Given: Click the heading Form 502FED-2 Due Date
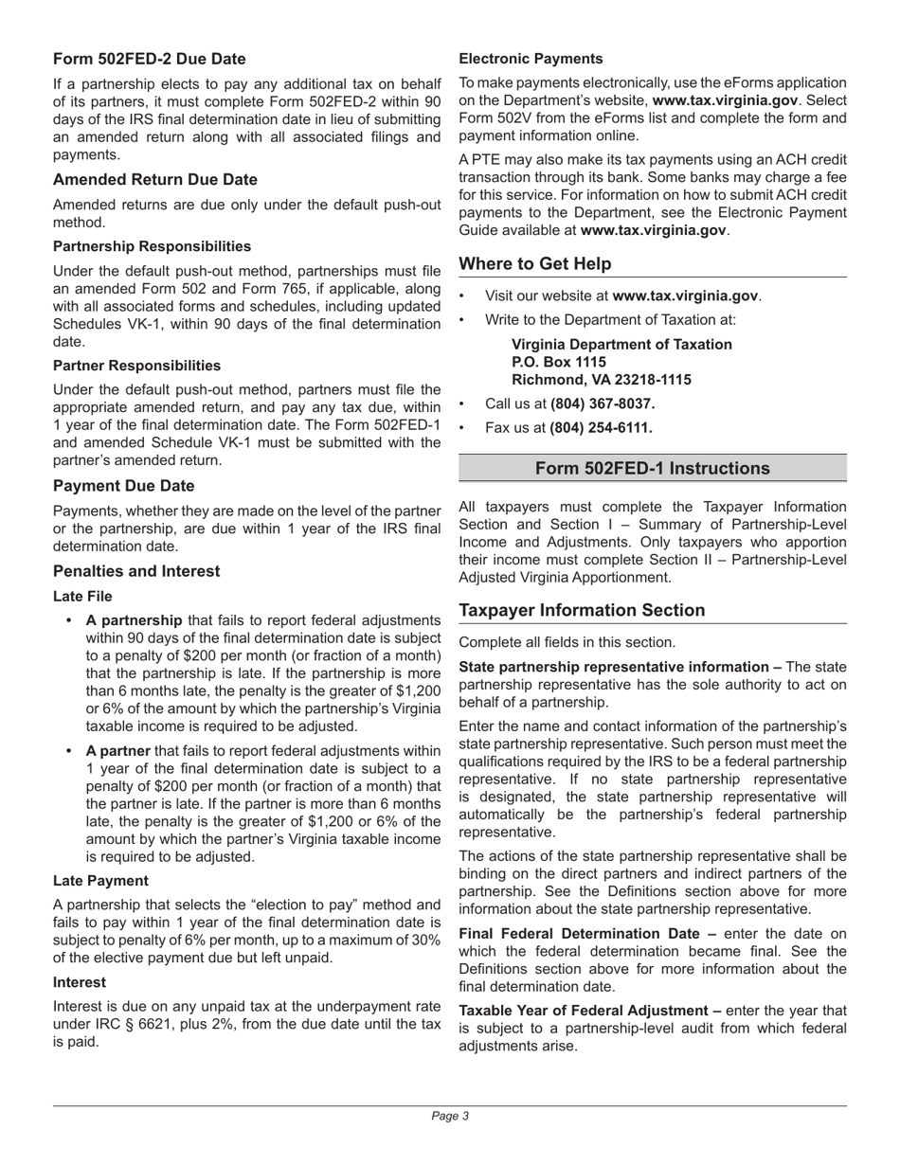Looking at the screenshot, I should click(149, 59).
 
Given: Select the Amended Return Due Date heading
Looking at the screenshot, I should click(154, 179).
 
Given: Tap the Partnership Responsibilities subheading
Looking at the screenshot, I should click(152, 246).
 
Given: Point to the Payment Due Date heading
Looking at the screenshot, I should click(123, 486).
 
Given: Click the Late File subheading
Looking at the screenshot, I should click(82, 597).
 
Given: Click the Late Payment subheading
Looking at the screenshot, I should click(100, 881).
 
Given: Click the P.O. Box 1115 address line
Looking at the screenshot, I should click(558, 362).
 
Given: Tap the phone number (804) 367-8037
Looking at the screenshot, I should click(602, 403).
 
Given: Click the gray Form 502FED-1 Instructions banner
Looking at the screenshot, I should click(652, 469).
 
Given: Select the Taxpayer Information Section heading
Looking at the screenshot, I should click(582, 610).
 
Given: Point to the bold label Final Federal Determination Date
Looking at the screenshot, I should click(587, 933).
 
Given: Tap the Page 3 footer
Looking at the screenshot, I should click(450, 1116).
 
